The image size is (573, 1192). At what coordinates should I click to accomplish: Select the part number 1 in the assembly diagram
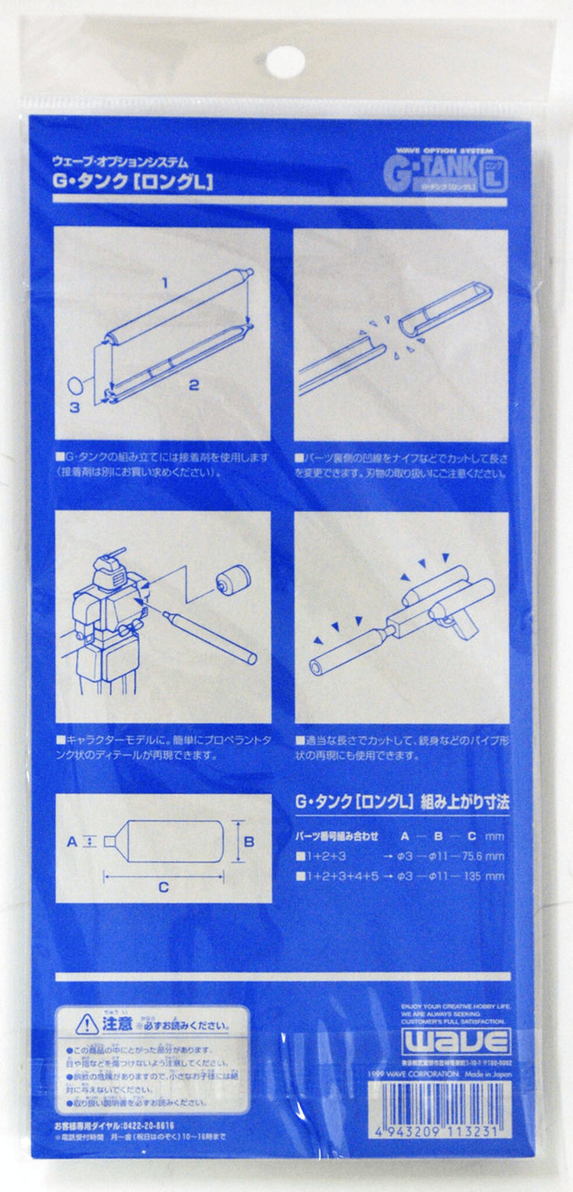[x=165, y=283]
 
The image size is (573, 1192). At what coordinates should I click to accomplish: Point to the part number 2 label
[x=194, y=385]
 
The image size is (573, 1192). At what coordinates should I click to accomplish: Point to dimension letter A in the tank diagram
[x=72, y=841]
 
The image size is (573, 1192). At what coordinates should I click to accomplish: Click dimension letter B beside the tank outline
[x=249, y=842]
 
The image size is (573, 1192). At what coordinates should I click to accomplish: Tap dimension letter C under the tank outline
[x=164, y=887]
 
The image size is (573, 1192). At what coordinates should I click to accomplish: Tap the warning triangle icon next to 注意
[x=87, y=1023]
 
